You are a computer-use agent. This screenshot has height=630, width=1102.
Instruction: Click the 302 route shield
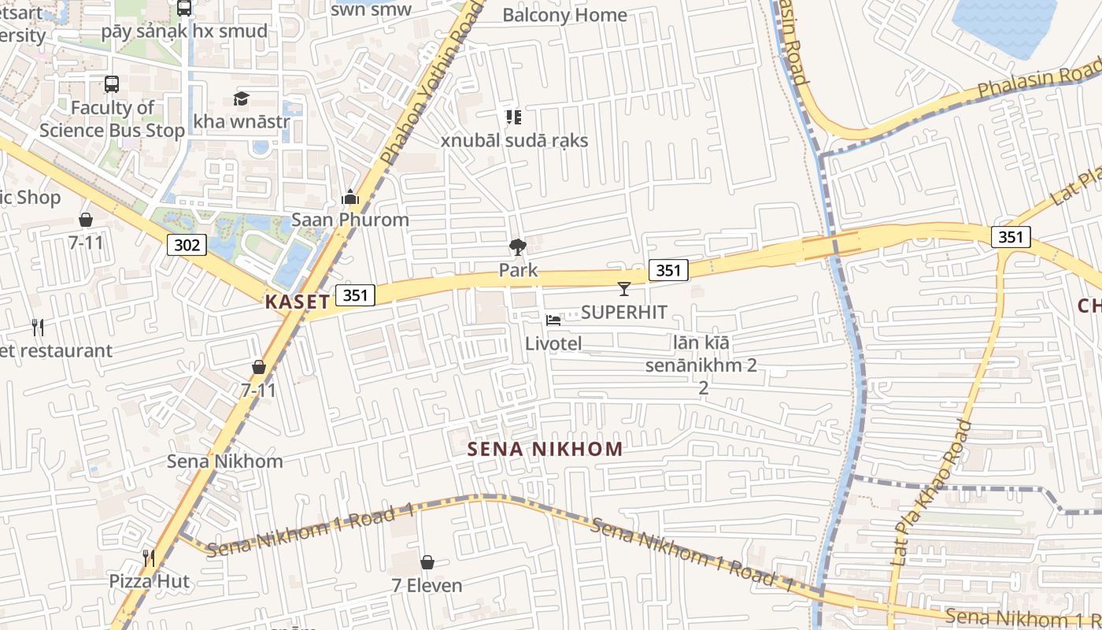click(187, 245)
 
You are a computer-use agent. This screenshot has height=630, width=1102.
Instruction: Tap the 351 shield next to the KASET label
click(355, 295)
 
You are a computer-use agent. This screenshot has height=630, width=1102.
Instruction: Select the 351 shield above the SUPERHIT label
click(668, 270)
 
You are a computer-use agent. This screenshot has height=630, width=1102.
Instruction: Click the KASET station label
click(297, 302)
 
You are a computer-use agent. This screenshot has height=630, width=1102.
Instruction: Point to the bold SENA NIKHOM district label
click(545, 450)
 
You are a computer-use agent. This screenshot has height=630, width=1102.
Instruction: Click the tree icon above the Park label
click(517, 247)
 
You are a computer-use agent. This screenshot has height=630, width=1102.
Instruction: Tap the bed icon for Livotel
click(553, 321)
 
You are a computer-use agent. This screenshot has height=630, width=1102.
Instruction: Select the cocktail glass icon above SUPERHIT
click(624, 289)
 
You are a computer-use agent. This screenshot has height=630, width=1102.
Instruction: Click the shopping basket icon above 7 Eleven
click(427, 562)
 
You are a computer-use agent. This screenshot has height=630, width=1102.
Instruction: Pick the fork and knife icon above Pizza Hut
click(149, 558)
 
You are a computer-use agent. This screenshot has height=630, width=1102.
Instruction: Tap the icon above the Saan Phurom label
click(350, 197)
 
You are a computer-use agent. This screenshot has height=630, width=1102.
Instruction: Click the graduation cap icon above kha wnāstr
click(241, 98)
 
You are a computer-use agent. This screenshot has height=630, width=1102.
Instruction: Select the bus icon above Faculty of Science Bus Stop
click(112, 83)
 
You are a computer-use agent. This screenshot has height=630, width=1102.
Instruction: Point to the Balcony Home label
click(564, 15)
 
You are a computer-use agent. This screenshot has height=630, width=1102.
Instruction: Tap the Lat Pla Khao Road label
click(930, 492)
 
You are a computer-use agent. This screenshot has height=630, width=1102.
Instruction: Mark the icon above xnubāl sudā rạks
click(514, 118)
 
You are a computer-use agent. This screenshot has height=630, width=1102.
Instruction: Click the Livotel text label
click(553, 343)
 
